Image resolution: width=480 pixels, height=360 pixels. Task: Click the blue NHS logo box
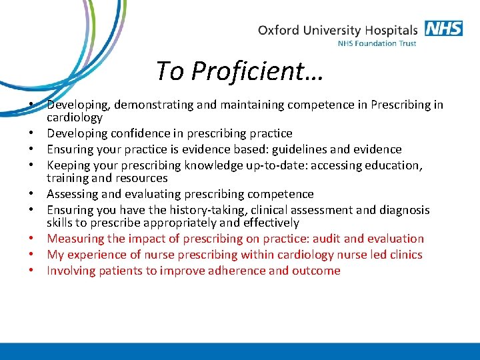444,29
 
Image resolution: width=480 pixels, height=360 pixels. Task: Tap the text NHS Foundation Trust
377,44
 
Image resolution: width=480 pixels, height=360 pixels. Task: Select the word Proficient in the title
250,70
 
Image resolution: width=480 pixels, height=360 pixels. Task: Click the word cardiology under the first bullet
75,118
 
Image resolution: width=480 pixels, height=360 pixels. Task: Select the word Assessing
73,194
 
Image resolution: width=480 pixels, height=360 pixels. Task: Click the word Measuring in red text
75,239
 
